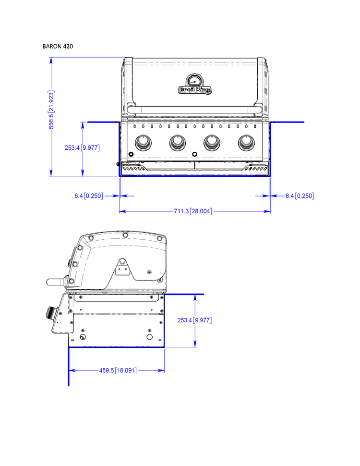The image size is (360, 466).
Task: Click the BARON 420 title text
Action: point(58,47)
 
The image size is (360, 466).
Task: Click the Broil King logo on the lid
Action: point(195,90)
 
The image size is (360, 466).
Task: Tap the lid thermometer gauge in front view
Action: point(195,80)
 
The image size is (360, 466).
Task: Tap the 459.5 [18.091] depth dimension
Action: point(118,370)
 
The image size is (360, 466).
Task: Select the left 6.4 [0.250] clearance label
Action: point(89,196)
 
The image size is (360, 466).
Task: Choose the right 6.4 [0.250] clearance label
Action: point(300,196)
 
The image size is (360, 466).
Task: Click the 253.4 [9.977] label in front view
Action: point(82,148)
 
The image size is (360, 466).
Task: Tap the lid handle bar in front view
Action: point(194,110)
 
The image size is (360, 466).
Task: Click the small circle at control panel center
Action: point(194,154)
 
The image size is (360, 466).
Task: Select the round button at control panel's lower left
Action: point(131,154)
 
